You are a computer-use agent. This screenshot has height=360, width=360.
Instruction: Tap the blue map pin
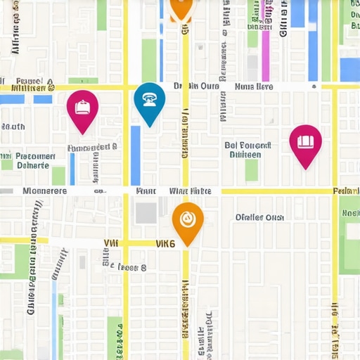tap(149, 101)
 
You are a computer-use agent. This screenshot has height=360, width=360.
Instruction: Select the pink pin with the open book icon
tap(305, 143)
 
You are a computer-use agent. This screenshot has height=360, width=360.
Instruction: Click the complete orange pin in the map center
tap(188, 221)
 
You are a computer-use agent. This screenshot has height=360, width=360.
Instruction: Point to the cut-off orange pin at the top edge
tap(181, 7)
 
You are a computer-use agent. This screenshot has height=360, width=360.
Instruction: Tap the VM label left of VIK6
tap(111, 243)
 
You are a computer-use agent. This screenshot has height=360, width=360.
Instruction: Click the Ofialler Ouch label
tap(259, 217)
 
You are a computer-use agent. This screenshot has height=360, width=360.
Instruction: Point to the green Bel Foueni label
tap(243, 149)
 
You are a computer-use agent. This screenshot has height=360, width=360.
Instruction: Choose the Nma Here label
tap(253, 87)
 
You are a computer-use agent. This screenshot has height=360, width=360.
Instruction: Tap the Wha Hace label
tap(190, 191)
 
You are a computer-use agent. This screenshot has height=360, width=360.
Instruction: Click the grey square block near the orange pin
tap(146, 213)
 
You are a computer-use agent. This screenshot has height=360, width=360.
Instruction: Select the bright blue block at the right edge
tap(349, 69)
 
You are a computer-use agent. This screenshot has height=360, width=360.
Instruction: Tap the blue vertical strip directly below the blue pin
tap(136, 155)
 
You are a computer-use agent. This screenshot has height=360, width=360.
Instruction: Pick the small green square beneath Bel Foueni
tap(251, 169)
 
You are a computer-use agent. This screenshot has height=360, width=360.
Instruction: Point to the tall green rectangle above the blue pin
tap(149, 60)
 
